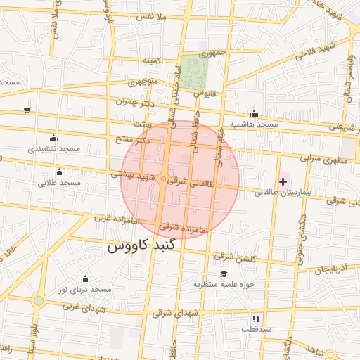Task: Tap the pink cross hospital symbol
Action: [x=283, y=182]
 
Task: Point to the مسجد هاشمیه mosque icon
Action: [x=254, y=114]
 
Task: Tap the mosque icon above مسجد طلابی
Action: [x=59, y=172]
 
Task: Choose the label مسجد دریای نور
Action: [x=85, y=290]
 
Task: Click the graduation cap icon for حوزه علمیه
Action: [x=224, y=274]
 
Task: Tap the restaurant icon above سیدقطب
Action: [x=256, y=319]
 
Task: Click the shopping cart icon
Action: [x=27, y=110]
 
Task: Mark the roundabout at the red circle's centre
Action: [x=164, y=180]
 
